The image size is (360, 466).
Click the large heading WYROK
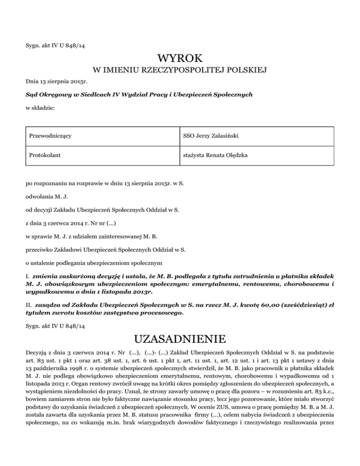tap(180, 59)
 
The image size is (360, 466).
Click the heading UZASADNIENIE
tap(180, 338)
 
